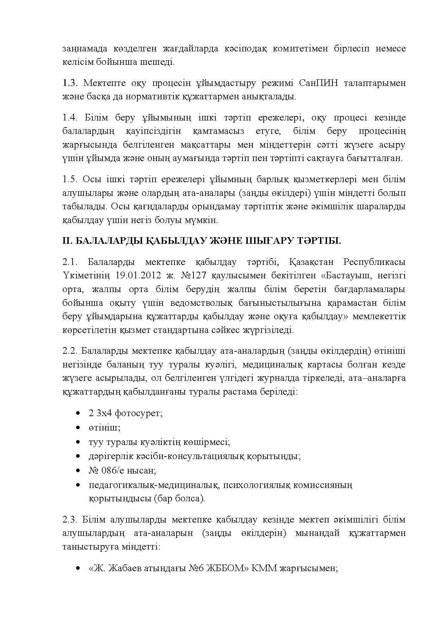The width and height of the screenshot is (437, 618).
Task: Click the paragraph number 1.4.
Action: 70,117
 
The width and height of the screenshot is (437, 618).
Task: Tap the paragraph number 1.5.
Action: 69,179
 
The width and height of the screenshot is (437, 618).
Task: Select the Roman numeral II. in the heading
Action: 67,241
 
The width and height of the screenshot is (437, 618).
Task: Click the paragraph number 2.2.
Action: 70,351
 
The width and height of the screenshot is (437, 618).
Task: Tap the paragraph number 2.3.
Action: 70,520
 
